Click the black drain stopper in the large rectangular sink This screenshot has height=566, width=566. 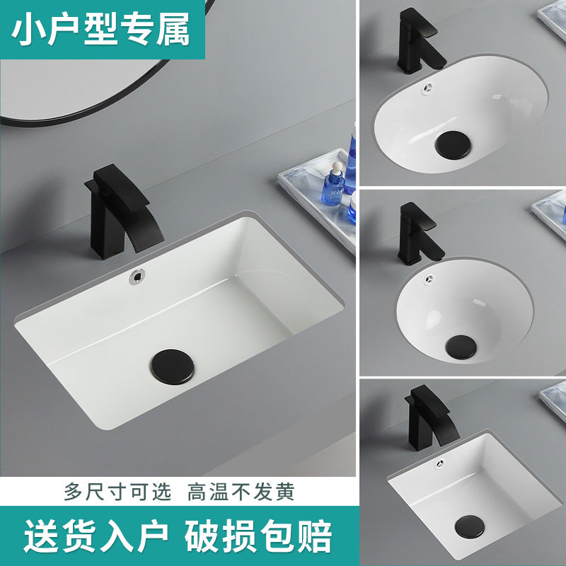173,366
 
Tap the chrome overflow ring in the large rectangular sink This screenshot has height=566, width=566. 137,277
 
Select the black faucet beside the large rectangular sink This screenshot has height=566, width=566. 122,212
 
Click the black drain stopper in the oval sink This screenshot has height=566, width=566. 453,145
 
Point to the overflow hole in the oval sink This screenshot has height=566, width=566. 428,88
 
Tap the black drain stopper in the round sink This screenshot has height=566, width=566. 461,347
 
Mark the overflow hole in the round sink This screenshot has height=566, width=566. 429,279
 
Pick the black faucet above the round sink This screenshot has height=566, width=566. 420,233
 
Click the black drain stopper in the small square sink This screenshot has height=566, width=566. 469,526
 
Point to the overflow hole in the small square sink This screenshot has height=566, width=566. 440,463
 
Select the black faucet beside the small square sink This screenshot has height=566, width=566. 431,418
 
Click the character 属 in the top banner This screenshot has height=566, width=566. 173,30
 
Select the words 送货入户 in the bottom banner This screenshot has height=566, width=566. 96,536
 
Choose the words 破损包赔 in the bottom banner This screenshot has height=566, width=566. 258,536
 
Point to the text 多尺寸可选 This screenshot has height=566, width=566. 117,492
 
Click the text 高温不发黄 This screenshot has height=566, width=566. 241,492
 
